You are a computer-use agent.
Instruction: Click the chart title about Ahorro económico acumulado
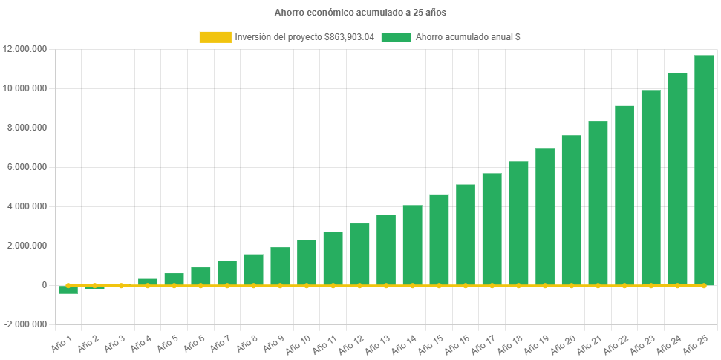pos(360,13)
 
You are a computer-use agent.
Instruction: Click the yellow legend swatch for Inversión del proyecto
pos(215,37)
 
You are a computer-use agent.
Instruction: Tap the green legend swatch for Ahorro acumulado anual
pos(396,37)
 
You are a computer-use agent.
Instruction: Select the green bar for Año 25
pos(704,170)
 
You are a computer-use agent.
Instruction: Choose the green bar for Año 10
pos(307,262)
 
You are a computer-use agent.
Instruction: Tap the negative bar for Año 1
pos(68,289)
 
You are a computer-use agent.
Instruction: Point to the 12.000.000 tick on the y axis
pos(25,49)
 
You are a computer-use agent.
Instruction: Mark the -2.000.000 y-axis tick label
pos(26,324)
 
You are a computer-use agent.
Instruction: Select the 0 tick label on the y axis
pos(45,285)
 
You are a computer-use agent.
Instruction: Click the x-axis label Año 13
pos(376,344)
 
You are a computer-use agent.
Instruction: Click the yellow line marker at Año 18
pos(518,285)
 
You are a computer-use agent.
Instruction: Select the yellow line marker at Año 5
pos(174,285)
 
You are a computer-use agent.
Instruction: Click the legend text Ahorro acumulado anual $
pos(468,37)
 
